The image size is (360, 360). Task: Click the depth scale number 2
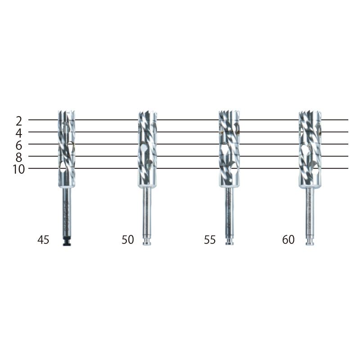coord(19,121)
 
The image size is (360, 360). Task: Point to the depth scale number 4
coord(19,133)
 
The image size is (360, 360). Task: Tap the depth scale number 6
coord(19,145)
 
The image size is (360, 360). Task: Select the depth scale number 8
coord(19,157)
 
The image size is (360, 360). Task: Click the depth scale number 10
coord(18,170)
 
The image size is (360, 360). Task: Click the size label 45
coord(43,240)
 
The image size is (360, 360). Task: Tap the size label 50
coord(128,240)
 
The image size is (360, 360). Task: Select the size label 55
coord(210,240)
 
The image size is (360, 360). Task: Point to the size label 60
coord(288,240)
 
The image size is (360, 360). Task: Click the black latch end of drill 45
coord(67,241)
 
